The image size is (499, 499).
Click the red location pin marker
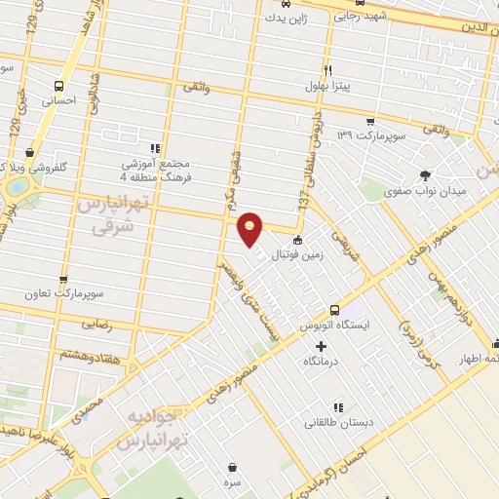pyautogui.click(x=251, y=229)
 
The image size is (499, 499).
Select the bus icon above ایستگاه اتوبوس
pyautogui.click(x=334, y=308)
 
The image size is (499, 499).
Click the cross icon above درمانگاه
pyautogui.click(x=321, y=346)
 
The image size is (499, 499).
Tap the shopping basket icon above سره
pyautogui.click(x=231, y=467)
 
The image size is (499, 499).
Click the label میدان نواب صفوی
pyautogui.click(x=426, y=192)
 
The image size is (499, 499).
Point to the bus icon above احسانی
pyautogui.click(x=62, y=85)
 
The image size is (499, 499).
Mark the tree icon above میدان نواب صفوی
pyautogui.click(x=426, y=176)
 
